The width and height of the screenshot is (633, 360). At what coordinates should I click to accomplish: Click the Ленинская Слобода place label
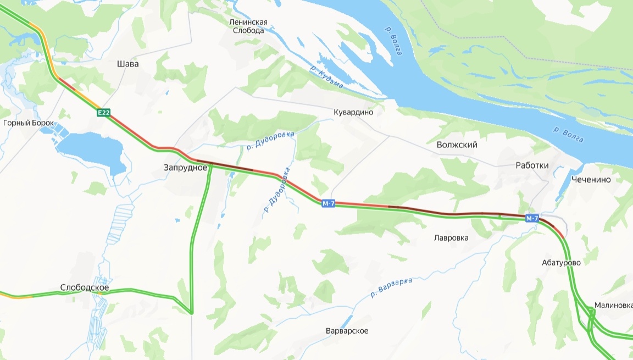point(248,26)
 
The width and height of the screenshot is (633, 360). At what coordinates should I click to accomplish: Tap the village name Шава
point(128,64)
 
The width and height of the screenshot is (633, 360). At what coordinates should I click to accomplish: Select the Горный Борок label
point(29,123)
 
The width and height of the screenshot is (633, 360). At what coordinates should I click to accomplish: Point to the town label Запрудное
point(185,167)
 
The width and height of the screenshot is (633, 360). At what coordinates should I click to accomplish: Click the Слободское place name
point(85,288)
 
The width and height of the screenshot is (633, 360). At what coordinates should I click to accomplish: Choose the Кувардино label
point(353,112)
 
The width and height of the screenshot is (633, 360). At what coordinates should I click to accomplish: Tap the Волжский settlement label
point(457,145)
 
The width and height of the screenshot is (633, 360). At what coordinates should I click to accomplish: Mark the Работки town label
point(532,165)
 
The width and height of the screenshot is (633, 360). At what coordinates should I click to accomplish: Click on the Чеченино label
point(591,180)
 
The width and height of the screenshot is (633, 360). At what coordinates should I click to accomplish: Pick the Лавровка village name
point(451,238)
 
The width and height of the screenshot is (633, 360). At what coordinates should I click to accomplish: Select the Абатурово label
point(561,263)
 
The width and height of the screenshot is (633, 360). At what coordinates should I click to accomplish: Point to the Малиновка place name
point(613,306)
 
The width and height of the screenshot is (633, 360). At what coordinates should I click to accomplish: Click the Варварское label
point(347,331)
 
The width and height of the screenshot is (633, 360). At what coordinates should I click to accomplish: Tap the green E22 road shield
point(104,113)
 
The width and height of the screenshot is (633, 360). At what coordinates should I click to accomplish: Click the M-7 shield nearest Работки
point(531,219)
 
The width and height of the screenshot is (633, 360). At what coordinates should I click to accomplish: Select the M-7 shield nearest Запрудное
point(329,204)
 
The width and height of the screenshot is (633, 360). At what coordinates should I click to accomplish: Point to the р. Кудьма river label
point(326,77)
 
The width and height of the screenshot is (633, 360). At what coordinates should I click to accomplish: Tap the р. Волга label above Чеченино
point(568,135)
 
